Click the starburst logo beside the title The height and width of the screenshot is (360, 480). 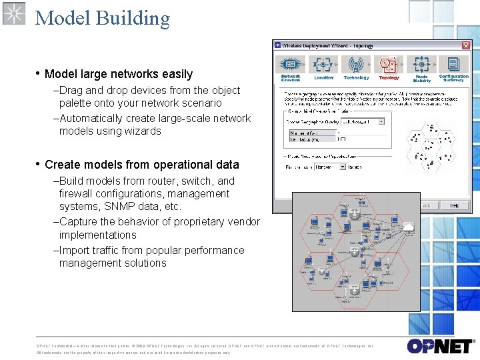(x=14, y=13)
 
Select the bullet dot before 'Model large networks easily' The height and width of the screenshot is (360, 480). (x=39, y=73)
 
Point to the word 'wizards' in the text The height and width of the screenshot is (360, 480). (x=143, y=131)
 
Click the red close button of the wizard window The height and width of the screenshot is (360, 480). (x=466, y=45)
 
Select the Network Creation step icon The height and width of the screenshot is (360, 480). (x=291, y=65)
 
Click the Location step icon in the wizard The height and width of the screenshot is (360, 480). (x=323, y=65)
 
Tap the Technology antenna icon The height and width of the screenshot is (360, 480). (x=356, y=65)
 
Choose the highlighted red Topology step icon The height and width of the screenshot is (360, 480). (x=389, y=65)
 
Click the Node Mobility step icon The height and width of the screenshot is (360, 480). (x=421, y=65)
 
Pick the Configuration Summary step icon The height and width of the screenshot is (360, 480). (x=454, y=65)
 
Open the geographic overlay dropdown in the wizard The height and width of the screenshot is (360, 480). (x=363, y=122)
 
